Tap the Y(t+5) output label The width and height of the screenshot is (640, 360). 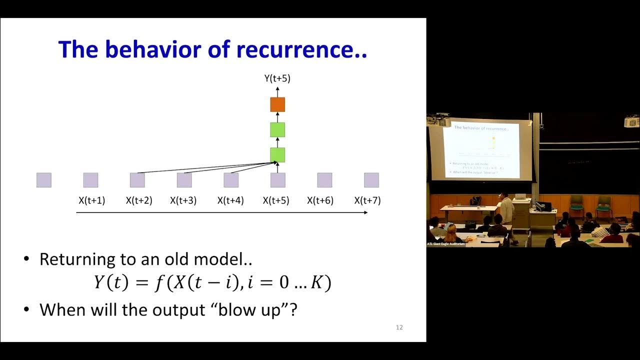tap(277, 78)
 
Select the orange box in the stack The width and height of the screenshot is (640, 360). tap(277, 104)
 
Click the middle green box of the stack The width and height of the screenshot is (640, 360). tap(277, 129)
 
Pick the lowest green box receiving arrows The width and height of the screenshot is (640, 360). tap(277, 155)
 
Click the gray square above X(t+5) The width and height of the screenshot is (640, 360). tap(277, 180)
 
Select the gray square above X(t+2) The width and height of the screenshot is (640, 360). tap(137, 180)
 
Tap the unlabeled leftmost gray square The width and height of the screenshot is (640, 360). tap(44, 180)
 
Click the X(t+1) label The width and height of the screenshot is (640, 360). tap(91, 200)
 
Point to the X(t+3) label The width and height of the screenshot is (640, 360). tap(183, 200)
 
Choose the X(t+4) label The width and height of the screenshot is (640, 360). tap(230, 200)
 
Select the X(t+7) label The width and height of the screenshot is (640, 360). tap(367, 200)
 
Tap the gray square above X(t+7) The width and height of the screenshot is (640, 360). tap(371, 180)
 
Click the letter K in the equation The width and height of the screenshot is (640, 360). tap(316, 283)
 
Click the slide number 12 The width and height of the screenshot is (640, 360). tap(399, 327)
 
